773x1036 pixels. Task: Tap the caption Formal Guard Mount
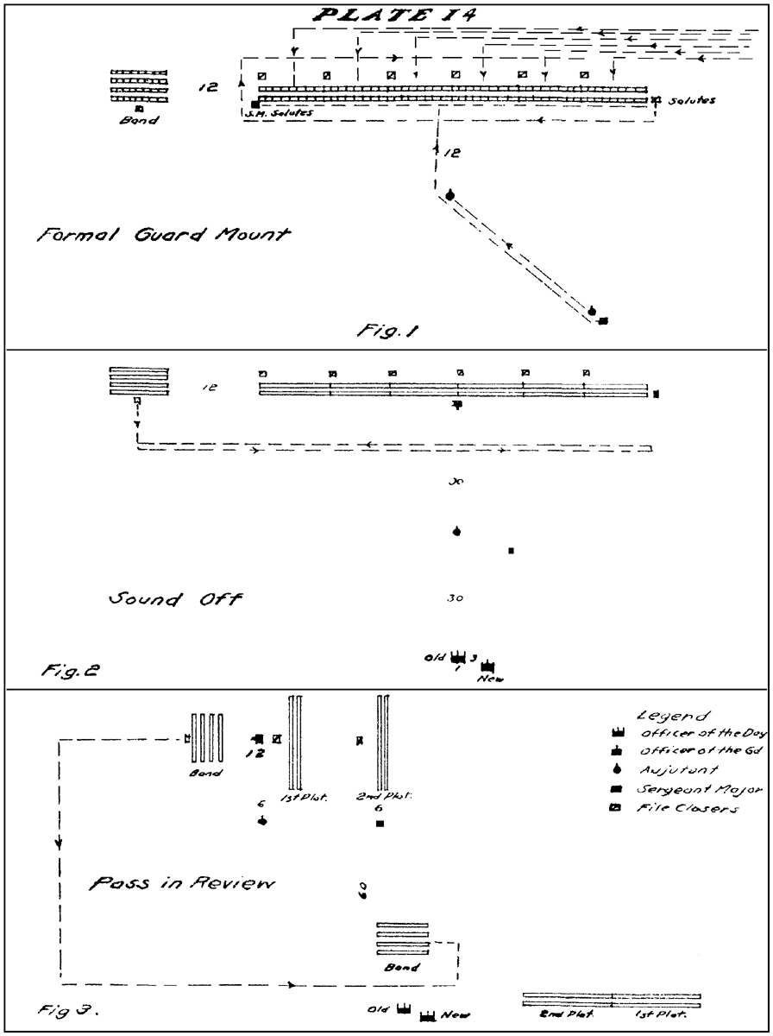pyautogui.click(x=163, y=233)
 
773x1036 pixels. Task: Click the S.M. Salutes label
pyautogui.click(x=278, y=112)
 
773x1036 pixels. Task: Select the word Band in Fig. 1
pyautogui.click(x=139, y=121)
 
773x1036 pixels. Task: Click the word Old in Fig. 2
pyautogui.click(x=434, y=657)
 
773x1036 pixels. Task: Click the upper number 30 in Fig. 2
pyautogui.click(x=457, y=482)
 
